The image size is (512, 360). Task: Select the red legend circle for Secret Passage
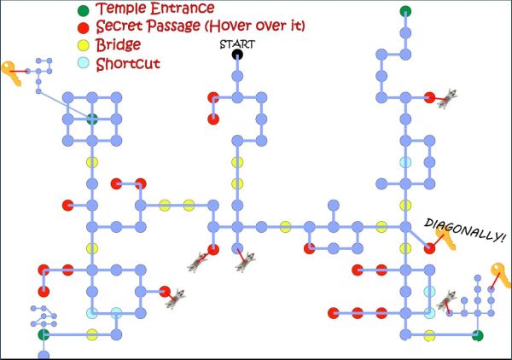click(82, 27)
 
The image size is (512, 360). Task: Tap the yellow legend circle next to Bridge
click(82, 44)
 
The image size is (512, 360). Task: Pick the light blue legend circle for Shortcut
click(82, 62)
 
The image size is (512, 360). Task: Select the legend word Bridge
click(119, 44)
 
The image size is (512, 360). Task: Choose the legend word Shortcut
click(127, 62)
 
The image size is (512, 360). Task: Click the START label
click(237, 44)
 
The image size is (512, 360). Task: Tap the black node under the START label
click(237, 55)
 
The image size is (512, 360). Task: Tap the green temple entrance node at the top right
click(404, 11)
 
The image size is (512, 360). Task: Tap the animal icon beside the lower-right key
click(445, 299)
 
